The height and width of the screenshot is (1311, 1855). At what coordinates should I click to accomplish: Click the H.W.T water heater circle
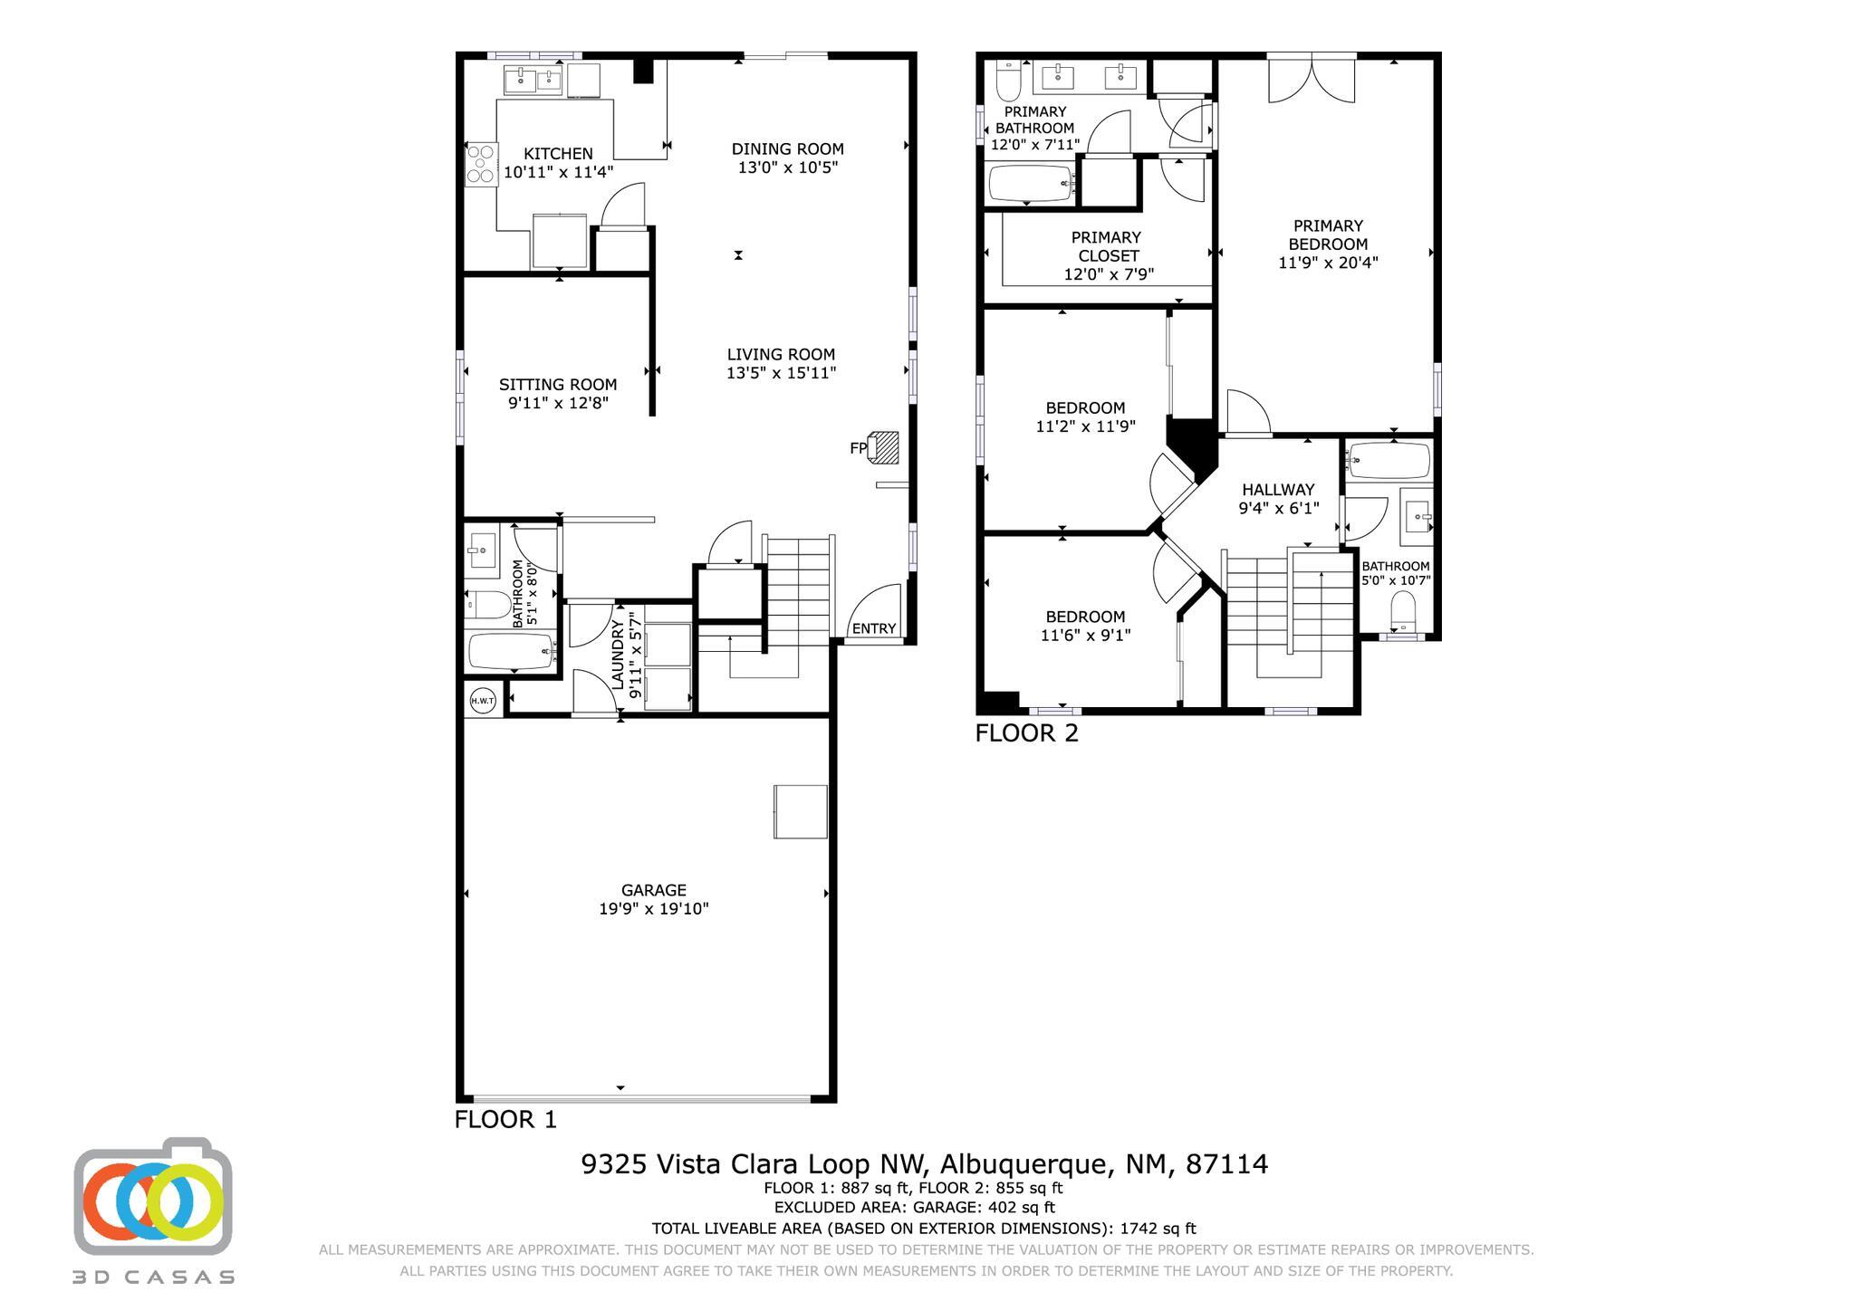tap(483, 700)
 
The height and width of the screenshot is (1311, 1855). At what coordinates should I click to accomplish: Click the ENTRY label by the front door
tap(874, 628)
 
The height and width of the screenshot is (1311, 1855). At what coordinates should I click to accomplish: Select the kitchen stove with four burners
tap(481, 165)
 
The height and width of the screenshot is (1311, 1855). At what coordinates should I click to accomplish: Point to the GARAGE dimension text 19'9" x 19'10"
tap(653, 909)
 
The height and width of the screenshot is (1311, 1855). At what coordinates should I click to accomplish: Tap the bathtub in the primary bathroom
tap(1031, 184)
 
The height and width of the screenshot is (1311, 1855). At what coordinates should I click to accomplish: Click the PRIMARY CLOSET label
tap(1107, 246)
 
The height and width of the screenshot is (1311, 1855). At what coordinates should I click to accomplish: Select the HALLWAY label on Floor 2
tap(1278, 490)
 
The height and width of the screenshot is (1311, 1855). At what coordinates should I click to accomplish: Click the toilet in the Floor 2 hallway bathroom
tap(1402, 611)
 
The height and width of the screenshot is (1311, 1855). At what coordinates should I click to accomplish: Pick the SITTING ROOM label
tap(558, 385)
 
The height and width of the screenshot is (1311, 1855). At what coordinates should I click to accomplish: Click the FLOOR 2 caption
tap(1026, 733)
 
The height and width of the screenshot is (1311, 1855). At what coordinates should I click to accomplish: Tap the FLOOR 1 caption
tap(505, 1120)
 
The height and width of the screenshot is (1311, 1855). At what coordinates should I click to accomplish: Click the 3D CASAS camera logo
tap(153, 1197)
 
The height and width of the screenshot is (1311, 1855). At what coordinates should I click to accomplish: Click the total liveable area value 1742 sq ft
tap(1158, 1229)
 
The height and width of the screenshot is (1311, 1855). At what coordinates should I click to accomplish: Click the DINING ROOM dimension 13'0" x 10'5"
tap(787, 167)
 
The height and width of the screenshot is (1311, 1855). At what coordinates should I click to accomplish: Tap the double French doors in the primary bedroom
tap(1312, 80)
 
